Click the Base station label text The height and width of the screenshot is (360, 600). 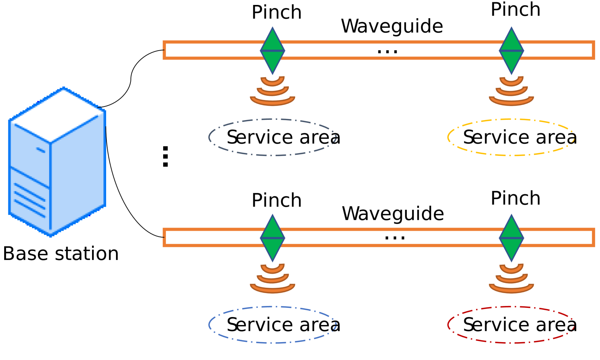click(61, 254)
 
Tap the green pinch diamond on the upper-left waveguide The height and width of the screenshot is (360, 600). click(272, 50)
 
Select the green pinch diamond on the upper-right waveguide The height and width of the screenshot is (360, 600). click(511, 50)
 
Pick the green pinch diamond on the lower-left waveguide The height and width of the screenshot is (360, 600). click(272, 238)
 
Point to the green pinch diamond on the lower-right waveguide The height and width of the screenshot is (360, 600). click(511, 238)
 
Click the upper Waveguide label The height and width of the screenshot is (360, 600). click(392, 26)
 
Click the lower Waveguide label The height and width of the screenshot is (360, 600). click(393, 214)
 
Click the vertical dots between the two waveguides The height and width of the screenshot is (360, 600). click(165, 156)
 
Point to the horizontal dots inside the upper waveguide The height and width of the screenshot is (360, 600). click(387, 51)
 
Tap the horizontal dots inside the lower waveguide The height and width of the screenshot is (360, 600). click(395, 238)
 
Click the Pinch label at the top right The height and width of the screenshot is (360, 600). click(516, 10)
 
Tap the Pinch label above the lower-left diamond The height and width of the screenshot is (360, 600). click(276, 200)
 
